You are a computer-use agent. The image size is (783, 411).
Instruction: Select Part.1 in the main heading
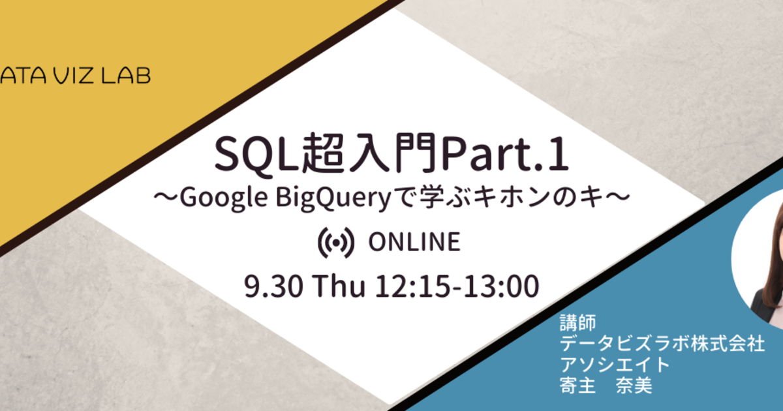(504, 154)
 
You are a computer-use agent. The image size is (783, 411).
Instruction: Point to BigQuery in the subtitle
(333, 198)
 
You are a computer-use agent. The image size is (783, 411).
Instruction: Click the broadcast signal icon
(336, 243)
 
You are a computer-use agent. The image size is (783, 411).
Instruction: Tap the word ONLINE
(414, 242)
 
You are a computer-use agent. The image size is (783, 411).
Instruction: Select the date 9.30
(273, 286)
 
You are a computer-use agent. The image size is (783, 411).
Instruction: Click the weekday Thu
(339, 286)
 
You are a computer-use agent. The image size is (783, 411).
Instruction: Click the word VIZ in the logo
(75, 76)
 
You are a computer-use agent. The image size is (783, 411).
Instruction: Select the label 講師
(578, 322)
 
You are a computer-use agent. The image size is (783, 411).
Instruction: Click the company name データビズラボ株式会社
(662, 344)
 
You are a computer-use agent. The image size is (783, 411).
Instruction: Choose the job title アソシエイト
(615, 365)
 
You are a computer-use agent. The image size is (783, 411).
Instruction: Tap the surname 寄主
(577, 386)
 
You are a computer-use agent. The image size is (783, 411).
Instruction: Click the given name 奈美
(634, 386)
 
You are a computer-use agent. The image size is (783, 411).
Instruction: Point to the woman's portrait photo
(762, 258)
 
